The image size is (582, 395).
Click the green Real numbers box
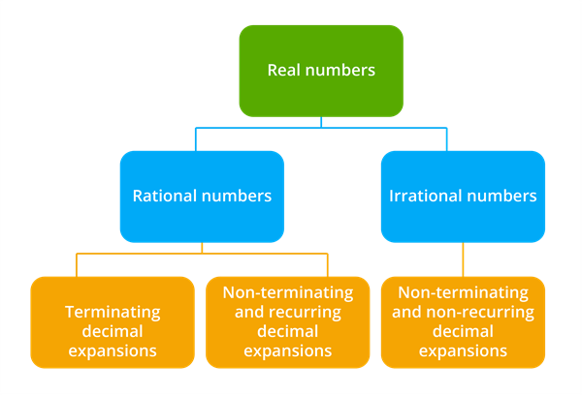[321, 70]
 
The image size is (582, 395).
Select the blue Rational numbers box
[202, 196]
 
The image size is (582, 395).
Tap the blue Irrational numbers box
[462, 196]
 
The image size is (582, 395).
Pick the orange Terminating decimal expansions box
[112, 321]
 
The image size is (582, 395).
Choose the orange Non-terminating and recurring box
[287, 321]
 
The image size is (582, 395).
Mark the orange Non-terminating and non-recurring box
[462, 321]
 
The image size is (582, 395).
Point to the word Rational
[162, 196]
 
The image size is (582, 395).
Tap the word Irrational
[423, 196]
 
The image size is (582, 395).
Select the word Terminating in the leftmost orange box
[112, 312]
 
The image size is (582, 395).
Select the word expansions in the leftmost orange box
[112, 350]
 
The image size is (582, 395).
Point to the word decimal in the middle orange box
[287, 332]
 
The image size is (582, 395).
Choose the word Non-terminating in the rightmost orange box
[462, 292]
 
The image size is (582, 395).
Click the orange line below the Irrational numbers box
[463, 258]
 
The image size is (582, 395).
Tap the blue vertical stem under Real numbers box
[321, 122]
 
